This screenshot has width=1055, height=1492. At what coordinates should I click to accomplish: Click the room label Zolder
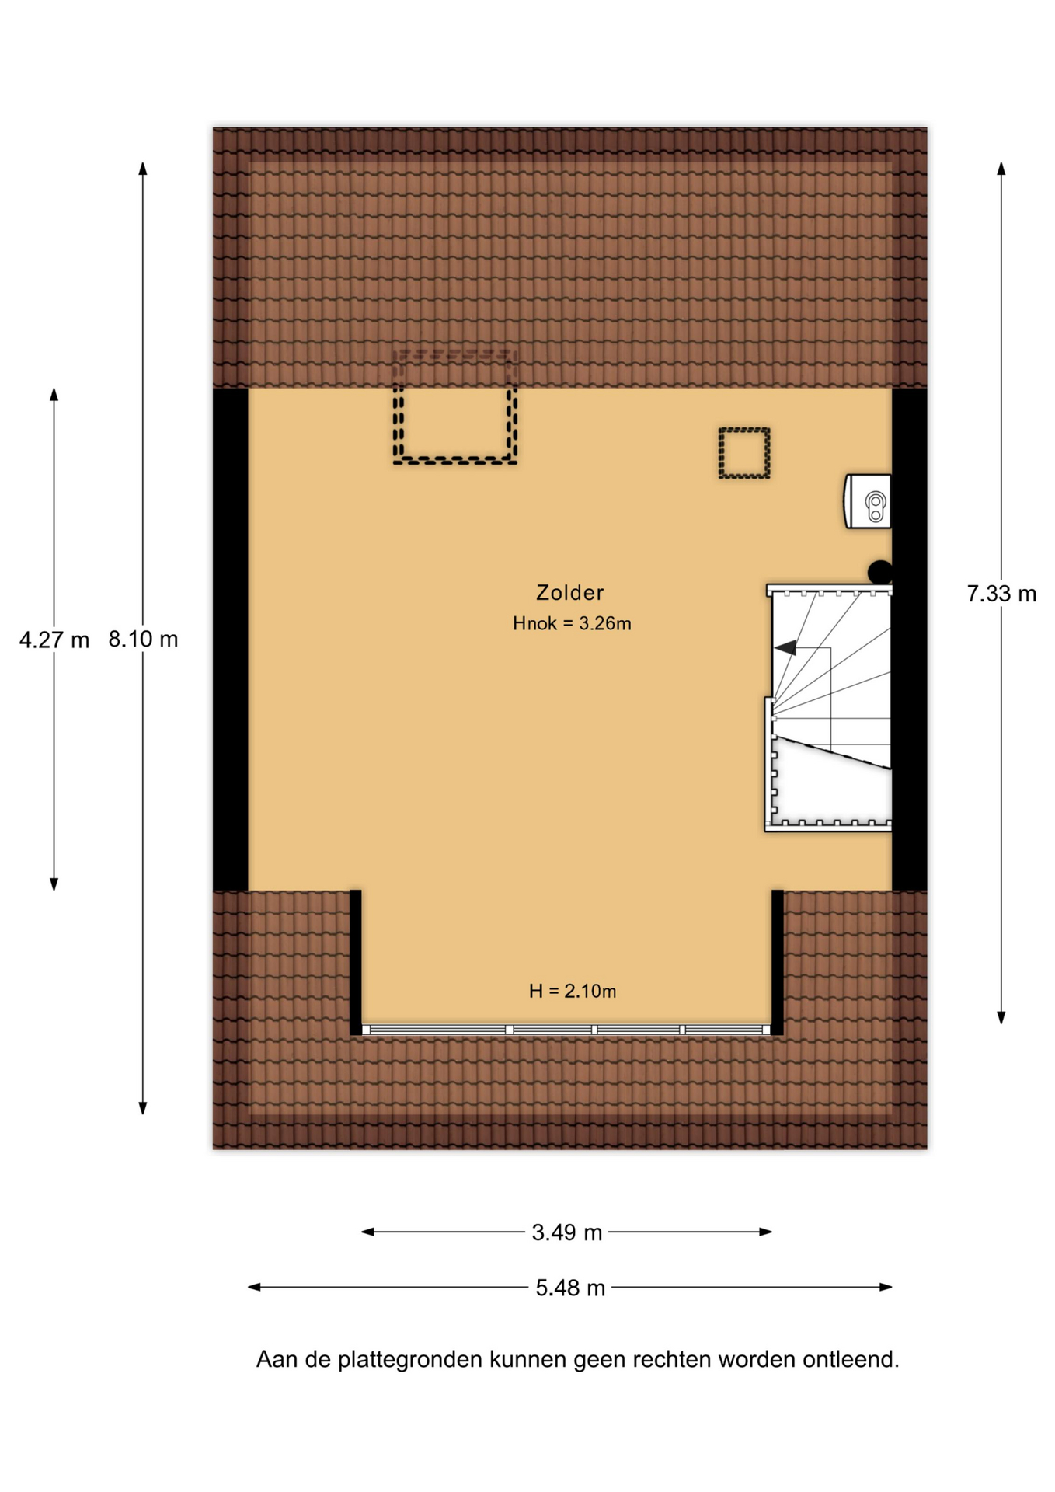click(x=569, y=593)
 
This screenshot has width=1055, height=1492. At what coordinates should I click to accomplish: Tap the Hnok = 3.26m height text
click(x=572, y=623)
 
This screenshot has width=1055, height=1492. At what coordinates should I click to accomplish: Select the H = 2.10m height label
click(x=573, y=991)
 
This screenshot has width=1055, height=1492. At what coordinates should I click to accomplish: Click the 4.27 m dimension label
click(x=54, y=640)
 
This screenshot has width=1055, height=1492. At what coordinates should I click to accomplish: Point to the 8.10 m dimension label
click(x=143, y=639)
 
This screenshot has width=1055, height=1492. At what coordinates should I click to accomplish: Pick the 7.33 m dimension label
click(x=1001, y=594)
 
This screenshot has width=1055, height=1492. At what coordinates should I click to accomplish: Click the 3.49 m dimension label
click(x=567, y=1232)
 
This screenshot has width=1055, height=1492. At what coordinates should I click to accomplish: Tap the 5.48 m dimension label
click(x=570, y=1288)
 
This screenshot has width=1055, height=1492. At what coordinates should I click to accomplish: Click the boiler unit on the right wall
click(x=868, y=502)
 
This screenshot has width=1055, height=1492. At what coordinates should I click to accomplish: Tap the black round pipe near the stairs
click(x=879, y=572)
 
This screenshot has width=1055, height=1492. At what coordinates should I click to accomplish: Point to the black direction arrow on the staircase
click(x=785, y=647)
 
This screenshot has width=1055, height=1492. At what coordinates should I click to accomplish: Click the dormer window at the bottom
click(x=566, y=1030)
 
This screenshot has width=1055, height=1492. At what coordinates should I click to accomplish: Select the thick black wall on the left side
click(x=231, y=640)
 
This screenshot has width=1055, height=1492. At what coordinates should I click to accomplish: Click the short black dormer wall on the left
click(x=356, y=962)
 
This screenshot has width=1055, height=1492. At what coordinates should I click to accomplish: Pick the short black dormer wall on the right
click(x=777, y=962)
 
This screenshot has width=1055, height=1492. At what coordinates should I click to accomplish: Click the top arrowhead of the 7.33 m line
click(x=1001, y=168)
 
